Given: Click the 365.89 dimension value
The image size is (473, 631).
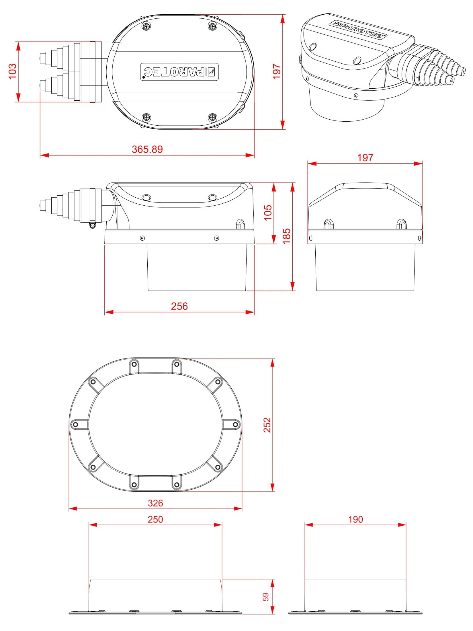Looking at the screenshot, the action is click(x=147, y=149).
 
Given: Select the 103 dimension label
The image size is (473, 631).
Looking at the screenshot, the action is click(x=13, y=71).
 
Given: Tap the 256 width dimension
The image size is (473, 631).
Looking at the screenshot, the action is click(x=179, y=306).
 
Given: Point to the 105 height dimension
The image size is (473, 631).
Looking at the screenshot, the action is click(x=268, y=212).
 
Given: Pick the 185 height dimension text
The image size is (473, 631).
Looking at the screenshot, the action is click(x=286, y=236).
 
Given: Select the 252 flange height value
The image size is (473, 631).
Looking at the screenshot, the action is click(x=267, y=425).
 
